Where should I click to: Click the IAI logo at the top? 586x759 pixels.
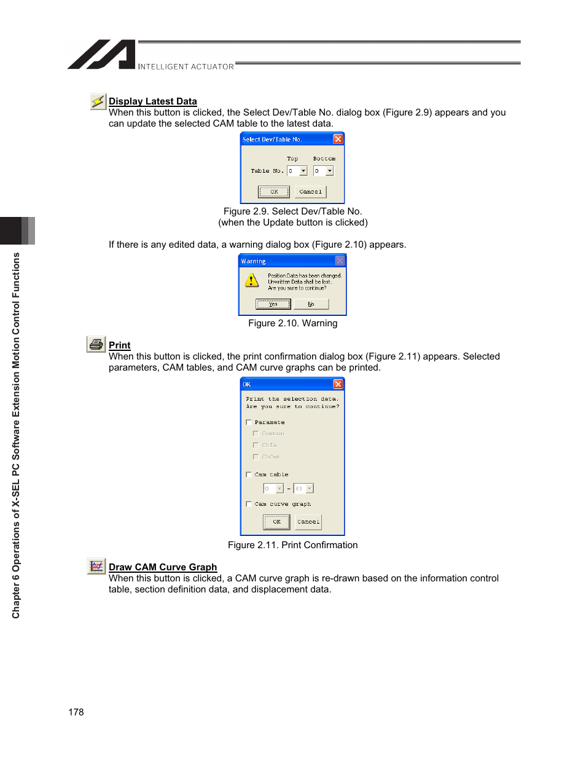[x=102, y=55]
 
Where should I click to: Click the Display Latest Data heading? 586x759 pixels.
[x=152, y=101]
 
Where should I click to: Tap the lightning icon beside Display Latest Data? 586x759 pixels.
[x=98, y=101]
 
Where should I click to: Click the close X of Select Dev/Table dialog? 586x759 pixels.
[x=338, y=140]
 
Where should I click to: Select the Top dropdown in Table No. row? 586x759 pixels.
[x=297, y=171]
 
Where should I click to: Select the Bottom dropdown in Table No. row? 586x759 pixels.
[x=323, y=171]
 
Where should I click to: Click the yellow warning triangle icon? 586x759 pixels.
[x=252, y=281]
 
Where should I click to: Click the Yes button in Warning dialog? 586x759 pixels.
[x=273, y=304]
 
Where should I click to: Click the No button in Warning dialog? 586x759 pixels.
[x=311, y=304]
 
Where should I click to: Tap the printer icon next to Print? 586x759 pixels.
[x=96, y=344]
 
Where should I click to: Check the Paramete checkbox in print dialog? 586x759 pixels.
[x=249, y=422]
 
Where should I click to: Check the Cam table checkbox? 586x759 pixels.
[x=249, y=474]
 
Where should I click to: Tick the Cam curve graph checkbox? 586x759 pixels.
[x=249, y=504]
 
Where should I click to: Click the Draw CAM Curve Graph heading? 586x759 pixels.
[x=163, y=567]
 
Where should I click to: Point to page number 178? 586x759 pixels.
[x=76, y=712]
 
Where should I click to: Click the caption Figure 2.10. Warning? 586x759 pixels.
[x=292, y=323]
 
